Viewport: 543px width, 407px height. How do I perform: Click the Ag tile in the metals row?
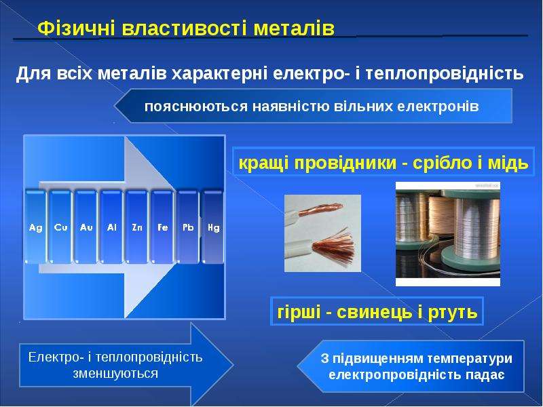pos(35,227)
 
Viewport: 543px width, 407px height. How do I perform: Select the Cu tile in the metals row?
pos(60,227)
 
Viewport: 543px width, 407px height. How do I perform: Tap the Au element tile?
pos(86,227)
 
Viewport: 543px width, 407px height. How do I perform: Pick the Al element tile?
pos(111,227)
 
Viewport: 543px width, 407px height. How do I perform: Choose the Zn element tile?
pos(137,227)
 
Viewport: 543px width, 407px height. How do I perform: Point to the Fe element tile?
pos(162,227)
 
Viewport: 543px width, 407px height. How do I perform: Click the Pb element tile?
pos(188,227)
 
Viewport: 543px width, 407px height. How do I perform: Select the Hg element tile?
pos(213,227)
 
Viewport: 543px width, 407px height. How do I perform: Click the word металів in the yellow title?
pos(294,28)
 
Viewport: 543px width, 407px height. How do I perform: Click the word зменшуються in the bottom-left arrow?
pos(115,374)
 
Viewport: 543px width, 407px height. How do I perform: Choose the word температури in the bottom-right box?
pos(470,359)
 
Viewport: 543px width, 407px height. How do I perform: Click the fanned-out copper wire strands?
pos(333,248)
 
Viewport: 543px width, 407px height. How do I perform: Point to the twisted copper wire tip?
pos(321,209)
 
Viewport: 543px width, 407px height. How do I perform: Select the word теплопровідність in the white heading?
pos(445,74)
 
